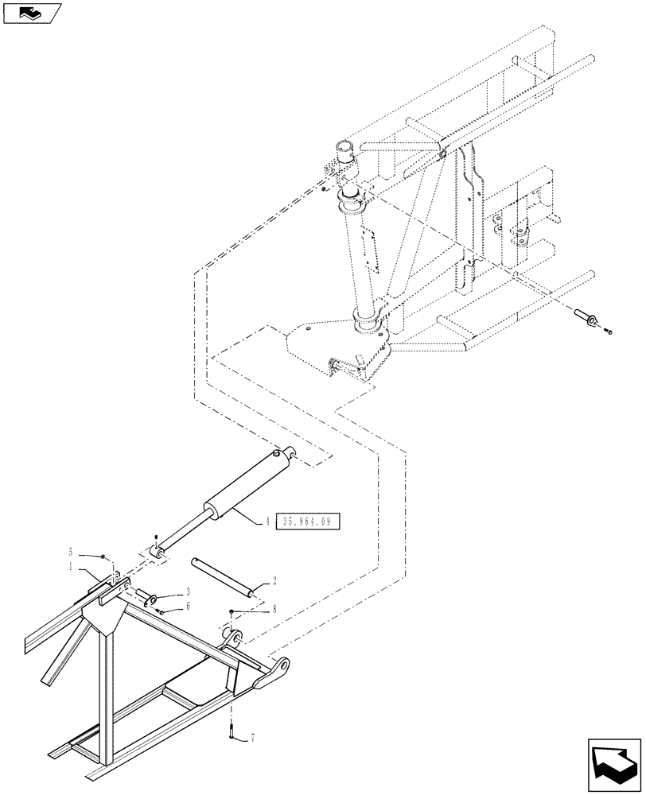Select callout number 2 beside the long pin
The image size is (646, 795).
pyautogui.click(x=274, y=582)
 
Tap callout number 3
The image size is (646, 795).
pyautogui.click(x=188, y=592)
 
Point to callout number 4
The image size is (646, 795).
pyautogui.click(x=268, y=522)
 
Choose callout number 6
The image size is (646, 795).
pyautogui.click(x=188, y=606)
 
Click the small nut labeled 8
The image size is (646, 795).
pyautogui.click(x=231, y=611)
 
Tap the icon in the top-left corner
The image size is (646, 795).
pyautogui.click(x=32, y=13)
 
